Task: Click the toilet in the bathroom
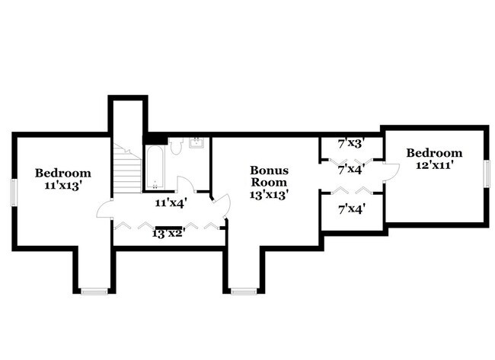(x=175, y=145)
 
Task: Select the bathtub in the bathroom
(x=155, y=167)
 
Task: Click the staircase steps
(x=127, y=169)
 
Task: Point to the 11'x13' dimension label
(x=61, y=186)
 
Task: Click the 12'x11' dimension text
(x=434, y=164)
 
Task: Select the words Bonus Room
(x=269, y=176)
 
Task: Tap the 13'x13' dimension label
(x=268, y=195)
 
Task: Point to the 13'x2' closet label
(x=168, y=234)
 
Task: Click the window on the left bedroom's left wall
(x=14, y=193)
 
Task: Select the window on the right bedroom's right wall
(x=487, y=174)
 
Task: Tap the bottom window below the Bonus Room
(x=244, y=292)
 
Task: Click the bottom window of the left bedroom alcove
(x=94, y=292)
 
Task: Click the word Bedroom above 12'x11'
(x=434, y=153)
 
